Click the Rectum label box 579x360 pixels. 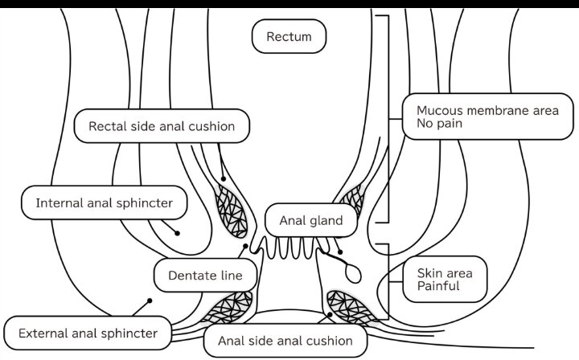tap(289, 36)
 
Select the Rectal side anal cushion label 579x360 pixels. tap(162, 126)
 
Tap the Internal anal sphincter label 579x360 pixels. tap(104, 202)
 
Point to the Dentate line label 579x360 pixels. tap(205, 275)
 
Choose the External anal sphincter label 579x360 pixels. tap(88, 333)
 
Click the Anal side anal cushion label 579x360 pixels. tap(285, 341)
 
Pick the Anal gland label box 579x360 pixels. tap(311, 220)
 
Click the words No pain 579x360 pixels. tap(439, 123)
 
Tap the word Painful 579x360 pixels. tap(438, 286)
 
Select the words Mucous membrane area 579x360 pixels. tap(487, 111)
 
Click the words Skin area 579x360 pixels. tap(445, 273)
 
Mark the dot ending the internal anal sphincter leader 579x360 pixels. tap(177, 233)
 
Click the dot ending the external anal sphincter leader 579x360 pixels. tap(150, 301)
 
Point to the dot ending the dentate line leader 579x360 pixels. tap(245, 246)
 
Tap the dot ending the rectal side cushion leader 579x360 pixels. tap(224, 179)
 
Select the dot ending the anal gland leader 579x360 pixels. tap(340, 252)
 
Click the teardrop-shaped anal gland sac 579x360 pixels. tap(353, 273)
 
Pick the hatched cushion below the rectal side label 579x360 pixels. tap(231, 211)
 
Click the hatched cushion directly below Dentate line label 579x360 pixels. tap(228, 307)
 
